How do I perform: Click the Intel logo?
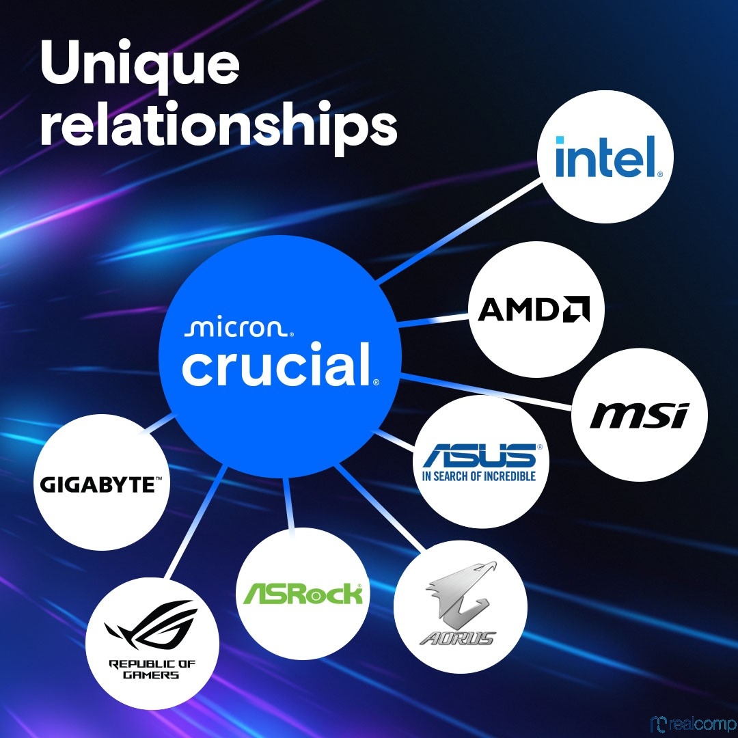(x=609, y=156)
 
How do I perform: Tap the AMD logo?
(x=534, y=309)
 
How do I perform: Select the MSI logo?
(x=639, y=415)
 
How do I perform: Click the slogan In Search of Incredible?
(x=479, y=476)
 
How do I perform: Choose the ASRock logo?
(x=303, y=594)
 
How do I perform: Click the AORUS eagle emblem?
(x=461, y=591)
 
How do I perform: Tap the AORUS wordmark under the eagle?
(x=457, y=638)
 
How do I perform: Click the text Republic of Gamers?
(x=152, y=669)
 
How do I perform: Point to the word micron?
(x=238, y=329)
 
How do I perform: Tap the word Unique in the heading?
(x=140, y=64)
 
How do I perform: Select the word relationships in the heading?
(x=219, y=124)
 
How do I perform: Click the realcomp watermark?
(x=694, y=724)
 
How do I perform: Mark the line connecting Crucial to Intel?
(x=460, y=231)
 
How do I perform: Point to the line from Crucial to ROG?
(x=195, y=523)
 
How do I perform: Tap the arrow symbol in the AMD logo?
(x=576, y=309)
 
